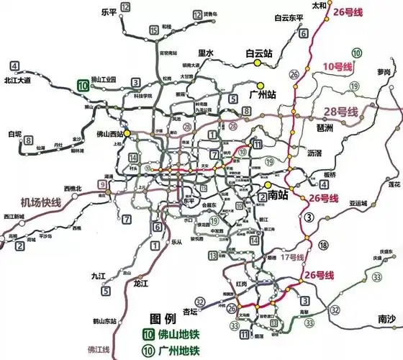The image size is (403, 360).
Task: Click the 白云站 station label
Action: pyautogui.click(x=259, y=53)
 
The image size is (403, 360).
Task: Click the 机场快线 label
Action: pyautogui.click(x=41, y=202)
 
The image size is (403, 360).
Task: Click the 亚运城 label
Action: pyautogui.click(x=358, y=203)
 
